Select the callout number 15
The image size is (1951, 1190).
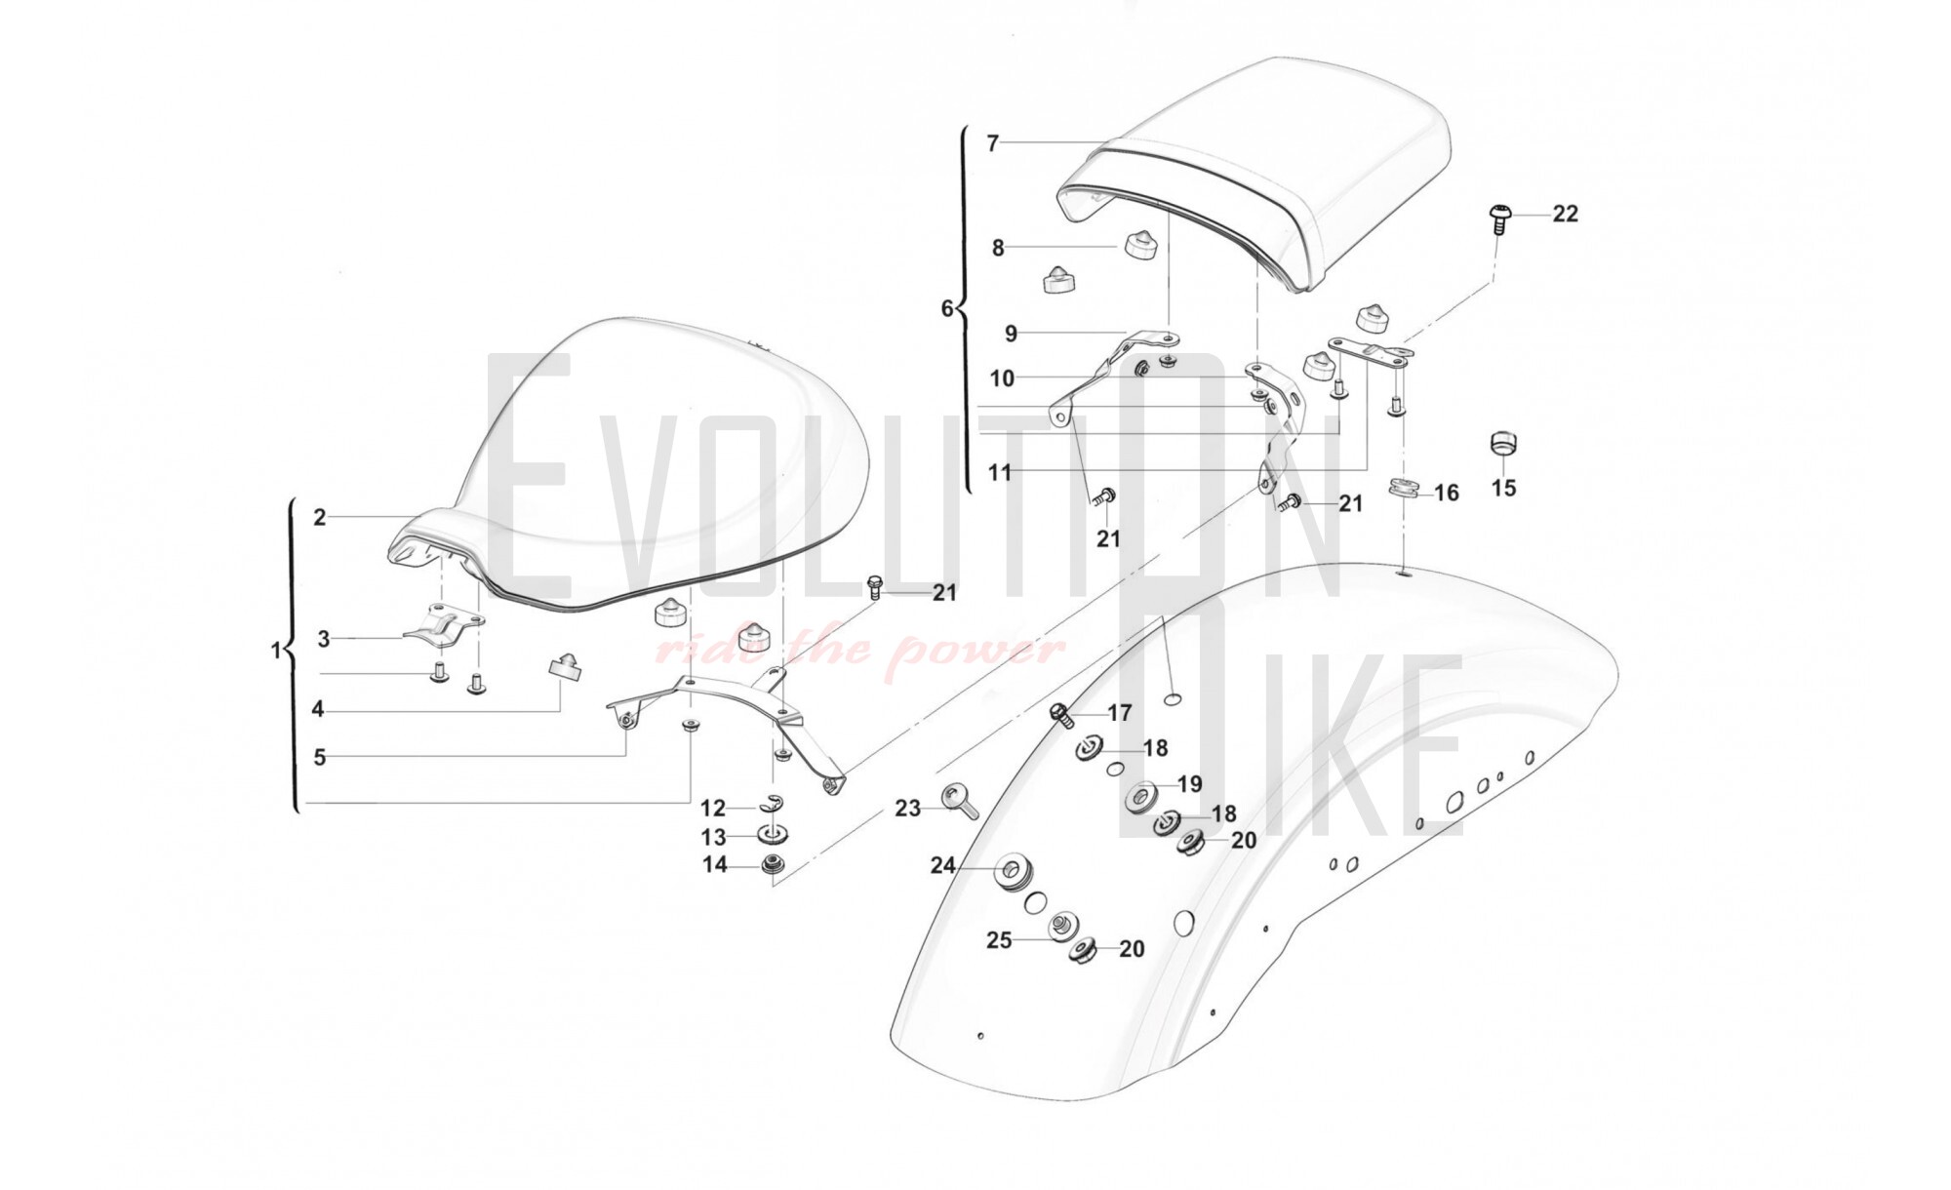coord(1503,488)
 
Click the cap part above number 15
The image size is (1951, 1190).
coord(1505,444)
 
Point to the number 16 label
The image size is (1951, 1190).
coord(1446,493)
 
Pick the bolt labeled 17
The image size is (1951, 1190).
coord(1062,715)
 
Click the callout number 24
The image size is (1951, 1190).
coord(941,865)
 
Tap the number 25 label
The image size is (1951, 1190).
coord(999,940)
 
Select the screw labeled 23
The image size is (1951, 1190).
coord(957,801)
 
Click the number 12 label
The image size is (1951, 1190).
coord(713,809)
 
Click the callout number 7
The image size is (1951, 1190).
coord(993,144)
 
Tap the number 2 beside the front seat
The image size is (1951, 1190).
coord(319,518)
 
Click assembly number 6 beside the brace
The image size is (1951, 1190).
coord(946,309)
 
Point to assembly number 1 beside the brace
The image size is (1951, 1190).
coord(275,651)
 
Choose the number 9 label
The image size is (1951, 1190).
coord(1011,334)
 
